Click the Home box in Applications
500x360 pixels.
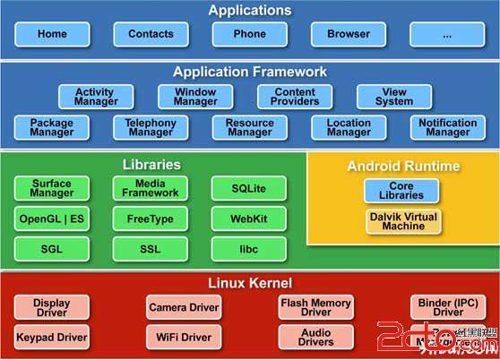(x=52, y=34)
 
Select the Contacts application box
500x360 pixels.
(x=151, y=34)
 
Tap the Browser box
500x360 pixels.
(x=348, y=34)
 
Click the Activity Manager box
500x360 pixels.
(x=95, y=97)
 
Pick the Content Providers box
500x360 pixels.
(x=295, y=97)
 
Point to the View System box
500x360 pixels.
(x=394, y=97)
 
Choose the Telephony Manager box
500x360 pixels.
(x=151, y=128)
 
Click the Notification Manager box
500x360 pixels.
(x=447, y=128)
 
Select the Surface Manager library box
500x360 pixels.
(x=52, y=188)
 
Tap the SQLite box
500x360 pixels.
(x=249, y=188)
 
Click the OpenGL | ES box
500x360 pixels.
(x=52, y=219)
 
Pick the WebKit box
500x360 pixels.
(x=249, y=219)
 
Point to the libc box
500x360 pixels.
(x=249, y=249)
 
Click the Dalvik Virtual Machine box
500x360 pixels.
(x=402, y=221)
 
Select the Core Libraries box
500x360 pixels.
(x=402, y=190)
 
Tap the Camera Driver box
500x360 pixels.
(x=184, y=307)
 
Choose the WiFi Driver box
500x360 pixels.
(x=184, y=338)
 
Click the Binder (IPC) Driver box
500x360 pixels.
(x=448, y=307)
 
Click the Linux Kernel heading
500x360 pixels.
(x=249, y=283)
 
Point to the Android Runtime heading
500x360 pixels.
(x=403, y=166)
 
